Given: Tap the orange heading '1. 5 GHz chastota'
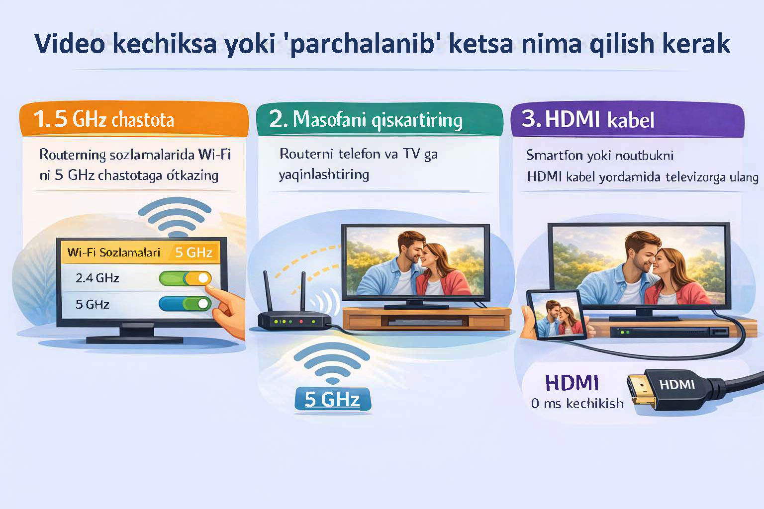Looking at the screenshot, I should click(x=104, y=119).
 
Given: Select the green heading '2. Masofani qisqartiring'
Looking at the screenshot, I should click(x=366, y=120).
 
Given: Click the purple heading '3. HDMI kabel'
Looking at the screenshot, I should click(x=588, y=120).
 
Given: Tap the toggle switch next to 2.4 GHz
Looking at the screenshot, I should click(x=185, y=278).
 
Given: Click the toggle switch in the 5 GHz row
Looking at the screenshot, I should click(x=185, y=304).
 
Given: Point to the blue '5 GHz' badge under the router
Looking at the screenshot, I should click(x=332, y=399).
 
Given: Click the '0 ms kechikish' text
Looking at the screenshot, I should click(x=577, y=403).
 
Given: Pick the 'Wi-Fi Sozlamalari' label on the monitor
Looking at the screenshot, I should click(x=114, y=252).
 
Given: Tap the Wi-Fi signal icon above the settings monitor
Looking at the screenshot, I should click(x=175, y=217).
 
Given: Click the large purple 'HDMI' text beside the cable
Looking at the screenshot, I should click(x=572, y=383).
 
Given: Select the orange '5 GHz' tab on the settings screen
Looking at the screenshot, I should click(x=193, y=252).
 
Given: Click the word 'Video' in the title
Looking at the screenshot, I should click(x=70, y=44).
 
